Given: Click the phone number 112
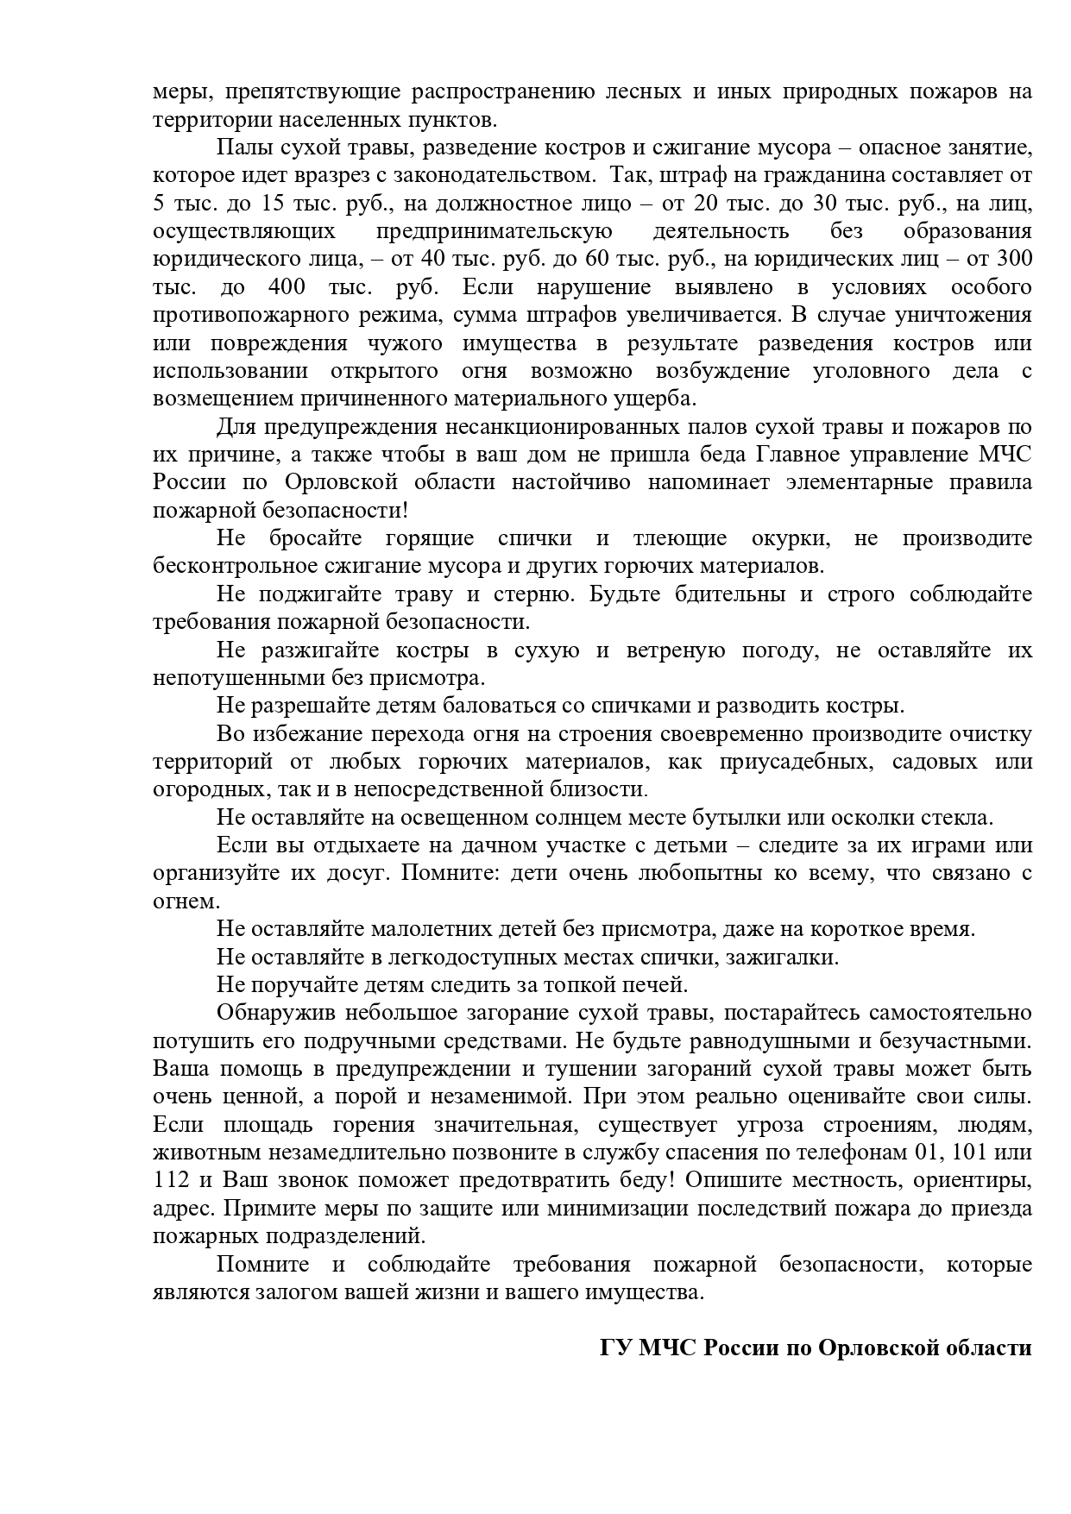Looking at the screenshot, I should coord(170,1180).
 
